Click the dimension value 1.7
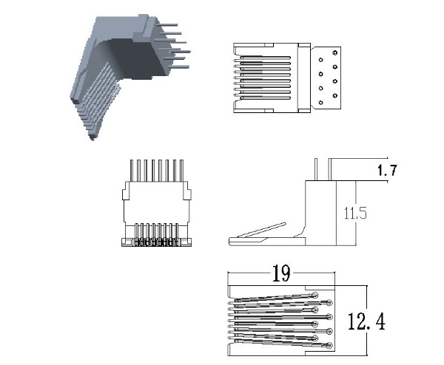click(x=387, y=170)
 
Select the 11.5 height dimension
click(x=355, y=214)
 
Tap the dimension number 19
click(x=281, y=273)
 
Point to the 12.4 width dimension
click(x=366, y=321)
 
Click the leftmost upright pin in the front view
click(x=132, y=171)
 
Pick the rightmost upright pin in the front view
click(x=181, y=171)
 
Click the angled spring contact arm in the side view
click(x=261, y=230)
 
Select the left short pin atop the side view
click(x=316, y=169)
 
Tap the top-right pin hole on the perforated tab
click(x=335, y=52)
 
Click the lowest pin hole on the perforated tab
click(x=321, y=103)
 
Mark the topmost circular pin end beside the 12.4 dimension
click(x=315, y=296)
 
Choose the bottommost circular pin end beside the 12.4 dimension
click(x=329, y=345)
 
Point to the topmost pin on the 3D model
click(x=166, y=25)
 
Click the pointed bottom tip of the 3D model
click(x=92, y=138)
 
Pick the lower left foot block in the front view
click(x=128, y=242)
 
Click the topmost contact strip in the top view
click(x=265, y=58)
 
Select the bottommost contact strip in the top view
click(x=265, y=98)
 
